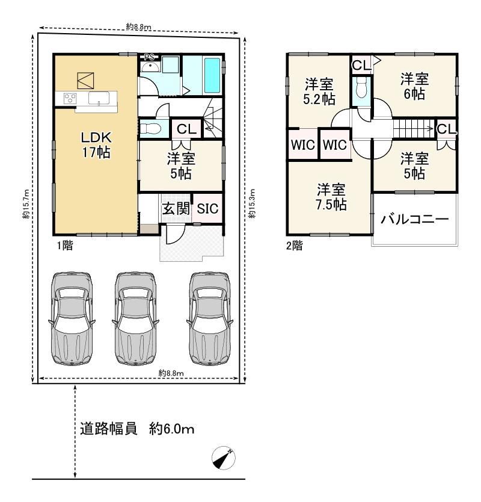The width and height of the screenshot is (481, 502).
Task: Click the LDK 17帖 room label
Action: pyautogui.click(x=96, y=145)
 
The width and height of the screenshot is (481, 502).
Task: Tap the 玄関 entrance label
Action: pyautogui.click(x=176, y=209)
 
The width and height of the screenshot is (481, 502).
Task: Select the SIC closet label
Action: pyautogui.click(x=207, y=209)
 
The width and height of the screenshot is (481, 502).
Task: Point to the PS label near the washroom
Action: pyautogui.click(x=149, y=57)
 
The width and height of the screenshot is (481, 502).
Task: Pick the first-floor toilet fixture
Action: pyautogui.click(x=151, y=129)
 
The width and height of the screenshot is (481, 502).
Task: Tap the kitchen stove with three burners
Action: pyautogui.click(x=70, y=98)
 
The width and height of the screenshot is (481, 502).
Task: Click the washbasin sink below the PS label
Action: pyautogui.click(x=150, y=67)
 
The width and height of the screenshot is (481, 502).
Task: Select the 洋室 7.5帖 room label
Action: pyautogui.click(x=331, y=197)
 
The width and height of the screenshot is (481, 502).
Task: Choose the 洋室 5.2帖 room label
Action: pyautogui.click(x=319, y=91)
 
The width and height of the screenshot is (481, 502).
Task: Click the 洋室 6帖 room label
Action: pyautogui.click(x=414, y=86)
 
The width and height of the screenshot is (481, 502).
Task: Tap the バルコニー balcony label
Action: pyautogui.click(x=415, y=219)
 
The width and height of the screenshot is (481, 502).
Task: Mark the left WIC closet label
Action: pyautogui.click(x=303, y=144)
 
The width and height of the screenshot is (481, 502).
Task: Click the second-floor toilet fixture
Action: pyautogui.click(x=361, y=87)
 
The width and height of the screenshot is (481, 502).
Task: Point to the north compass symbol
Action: pyautogui.click(x=224, y=457)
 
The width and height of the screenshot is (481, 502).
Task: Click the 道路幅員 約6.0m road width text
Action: pyautogui.click(x=137, y=429)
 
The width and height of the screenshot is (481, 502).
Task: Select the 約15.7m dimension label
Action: pyautogui.click(x=26, y=204)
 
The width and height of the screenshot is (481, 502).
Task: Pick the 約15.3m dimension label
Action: pyautogui.click(x=253, y=203)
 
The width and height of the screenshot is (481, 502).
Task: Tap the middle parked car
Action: pyautogui.click(x=136, y=319)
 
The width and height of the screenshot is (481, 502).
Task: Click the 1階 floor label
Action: pyautogui.click(x=65, y=246)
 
